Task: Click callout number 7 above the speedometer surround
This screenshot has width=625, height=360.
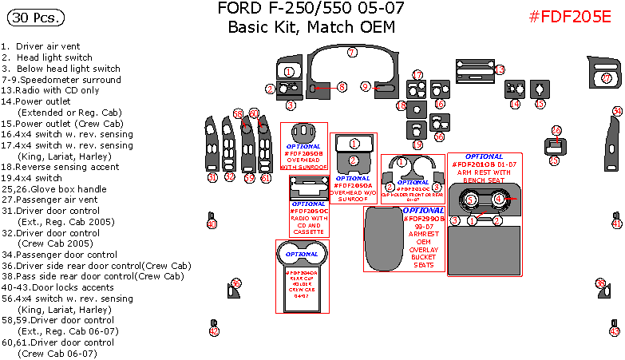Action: (x=351, y=53)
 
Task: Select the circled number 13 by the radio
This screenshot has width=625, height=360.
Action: (x=500, y=70)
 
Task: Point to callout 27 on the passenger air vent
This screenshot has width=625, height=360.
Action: (x=605, y=78)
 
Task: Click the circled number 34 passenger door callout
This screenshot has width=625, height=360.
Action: (x=616, y=111)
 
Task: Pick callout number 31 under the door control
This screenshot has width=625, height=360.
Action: (x=212, y=177)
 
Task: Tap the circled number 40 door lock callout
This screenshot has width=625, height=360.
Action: (x=212, y=224)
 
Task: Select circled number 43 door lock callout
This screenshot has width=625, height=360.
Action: (x=615, y=330)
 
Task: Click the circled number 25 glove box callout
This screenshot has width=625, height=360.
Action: (x=554, y=160)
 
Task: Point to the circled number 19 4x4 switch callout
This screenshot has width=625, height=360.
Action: (x=417, y=144)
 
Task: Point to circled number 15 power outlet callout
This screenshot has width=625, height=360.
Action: (x=540, y=105)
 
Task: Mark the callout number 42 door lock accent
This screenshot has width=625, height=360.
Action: (x=213, y=330)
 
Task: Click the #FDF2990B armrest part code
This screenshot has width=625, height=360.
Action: (x=424, y=219)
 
